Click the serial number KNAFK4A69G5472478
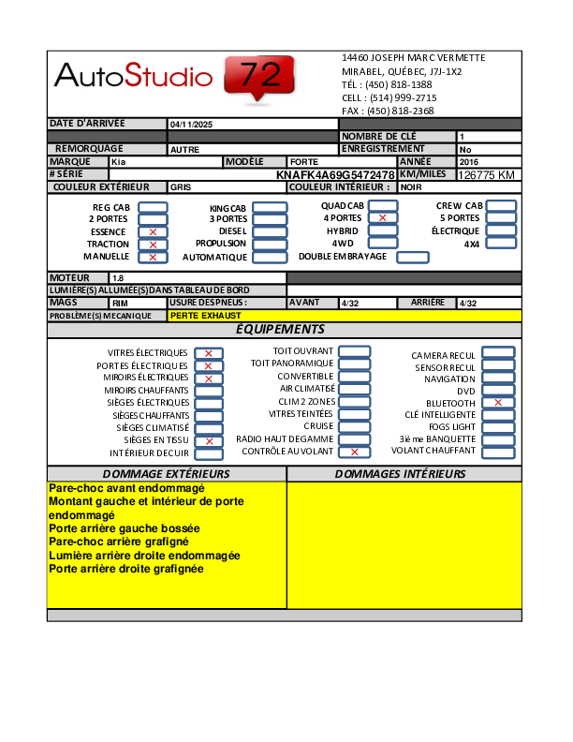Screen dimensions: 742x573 click(x=335, y=175)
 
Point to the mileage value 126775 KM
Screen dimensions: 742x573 click(x=487, y=175)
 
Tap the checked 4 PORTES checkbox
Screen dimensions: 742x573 click(x=382, y=217)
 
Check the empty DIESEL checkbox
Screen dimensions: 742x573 click(x=270, y=230)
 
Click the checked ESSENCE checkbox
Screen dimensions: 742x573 click(x=153, y=231)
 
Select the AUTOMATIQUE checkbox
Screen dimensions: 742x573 click(x=270, y=257)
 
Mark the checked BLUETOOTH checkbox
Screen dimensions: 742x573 click(x=498, y=403)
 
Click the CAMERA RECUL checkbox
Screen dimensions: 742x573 click(x=498, y=354)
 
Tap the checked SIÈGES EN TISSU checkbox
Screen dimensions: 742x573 click(x=209, y=441)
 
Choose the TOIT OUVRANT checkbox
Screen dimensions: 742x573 click(x=354, y=351)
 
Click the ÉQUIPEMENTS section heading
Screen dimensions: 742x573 click(x=280, y=330)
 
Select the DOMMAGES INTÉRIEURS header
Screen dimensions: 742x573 click(x=400, y=474)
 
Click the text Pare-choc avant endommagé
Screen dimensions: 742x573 click(x=126, y=489)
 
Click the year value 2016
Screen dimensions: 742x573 click(x=469, y=162)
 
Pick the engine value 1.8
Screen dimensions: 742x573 click(x=118, y=278)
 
